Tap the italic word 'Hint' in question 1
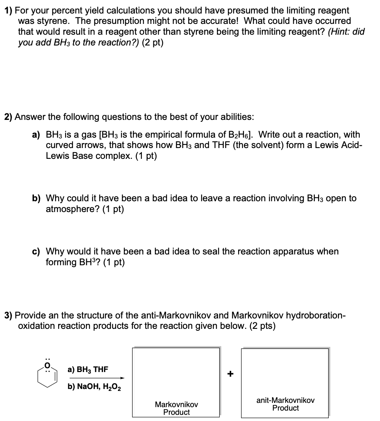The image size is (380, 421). point(338,32)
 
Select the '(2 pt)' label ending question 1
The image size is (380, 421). point(153,42)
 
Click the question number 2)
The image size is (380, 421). point(9,117)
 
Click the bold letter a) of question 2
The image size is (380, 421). point(36,135)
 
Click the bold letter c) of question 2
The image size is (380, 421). point(36,252)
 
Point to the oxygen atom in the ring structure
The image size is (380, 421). point(47,364)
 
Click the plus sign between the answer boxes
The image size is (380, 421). point(230,374)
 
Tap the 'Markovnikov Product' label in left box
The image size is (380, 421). point(176,408)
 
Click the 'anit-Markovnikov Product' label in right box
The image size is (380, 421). point(285,404)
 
